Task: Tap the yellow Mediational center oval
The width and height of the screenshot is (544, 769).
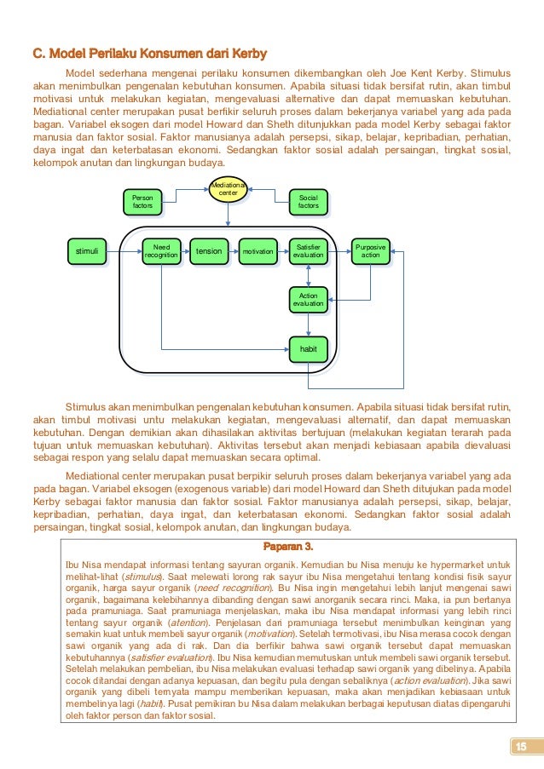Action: [x=229, y=189]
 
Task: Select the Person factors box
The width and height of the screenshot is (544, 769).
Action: [x=143, y=201]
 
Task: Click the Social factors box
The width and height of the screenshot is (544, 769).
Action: [x=308, y=201]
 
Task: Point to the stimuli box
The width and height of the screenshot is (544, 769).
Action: [x=87, y=251]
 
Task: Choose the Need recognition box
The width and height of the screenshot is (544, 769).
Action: [x=161, y=251]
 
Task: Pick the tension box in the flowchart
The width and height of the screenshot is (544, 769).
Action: [x=209, y=251]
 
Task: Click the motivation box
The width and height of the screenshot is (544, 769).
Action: [x=258, y=251]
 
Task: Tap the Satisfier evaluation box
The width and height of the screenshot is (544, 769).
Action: [x=308, y=251]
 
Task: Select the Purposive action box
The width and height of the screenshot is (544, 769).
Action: [x=370, y=251]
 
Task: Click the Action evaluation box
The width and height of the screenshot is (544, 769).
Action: [x=308, y=299]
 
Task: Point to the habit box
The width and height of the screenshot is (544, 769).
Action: [x=308, y=348]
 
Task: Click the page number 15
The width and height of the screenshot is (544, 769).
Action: [x=519, y=747]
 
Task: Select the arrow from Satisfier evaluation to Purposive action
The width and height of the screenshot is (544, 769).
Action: [x=340, y=251]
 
